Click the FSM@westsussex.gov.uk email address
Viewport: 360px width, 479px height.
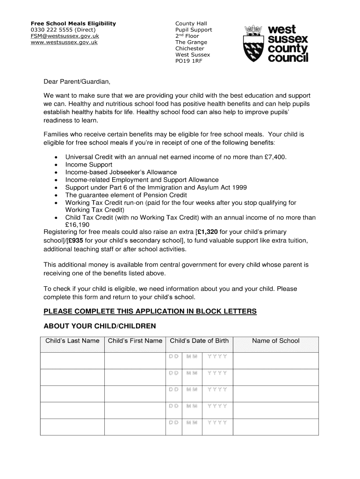point(65,36)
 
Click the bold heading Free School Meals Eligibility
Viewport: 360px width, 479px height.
point(73,23)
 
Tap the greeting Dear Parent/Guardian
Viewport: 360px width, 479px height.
point(77,82)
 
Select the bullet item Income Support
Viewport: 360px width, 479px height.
point(89,165)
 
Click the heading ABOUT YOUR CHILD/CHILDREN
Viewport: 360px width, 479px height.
point(100,326)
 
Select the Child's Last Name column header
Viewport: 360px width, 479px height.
point(72,341)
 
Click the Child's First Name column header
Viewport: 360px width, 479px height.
point(135,341)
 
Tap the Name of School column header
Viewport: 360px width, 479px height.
point(275,341)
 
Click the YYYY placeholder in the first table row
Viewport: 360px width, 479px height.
point(217,356)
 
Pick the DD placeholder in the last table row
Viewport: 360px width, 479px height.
point(173,422)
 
